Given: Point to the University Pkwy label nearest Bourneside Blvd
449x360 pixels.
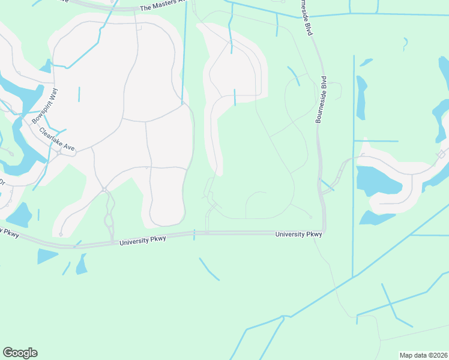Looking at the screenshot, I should point(298,234).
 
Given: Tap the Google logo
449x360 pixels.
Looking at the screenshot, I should point(20,353).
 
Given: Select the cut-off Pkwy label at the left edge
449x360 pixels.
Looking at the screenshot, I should point(9,231).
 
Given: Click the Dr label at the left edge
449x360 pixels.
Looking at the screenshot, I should point(2,182).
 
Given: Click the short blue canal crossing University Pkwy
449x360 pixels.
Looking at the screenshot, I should point(194,234).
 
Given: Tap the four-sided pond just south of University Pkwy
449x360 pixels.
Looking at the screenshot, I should point(47,256).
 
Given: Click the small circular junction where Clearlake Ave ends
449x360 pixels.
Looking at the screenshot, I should point(59,152).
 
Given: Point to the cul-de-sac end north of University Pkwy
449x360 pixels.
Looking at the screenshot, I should point(61,234).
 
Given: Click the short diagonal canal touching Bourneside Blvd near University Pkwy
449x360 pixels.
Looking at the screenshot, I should point(327,185).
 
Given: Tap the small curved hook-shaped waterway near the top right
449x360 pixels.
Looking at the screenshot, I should point(406,44).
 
